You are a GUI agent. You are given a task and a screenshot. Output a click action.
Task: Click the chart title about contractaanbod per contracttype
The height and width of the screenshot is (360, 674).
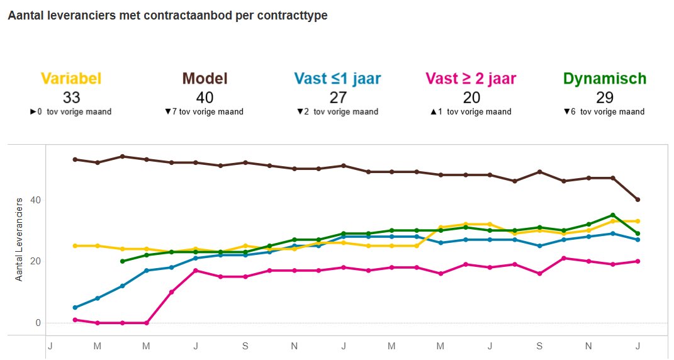(167, 16)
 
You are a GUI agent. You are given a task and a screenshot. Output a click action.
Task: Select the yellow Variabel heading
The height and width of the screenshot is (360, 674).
(71, 79)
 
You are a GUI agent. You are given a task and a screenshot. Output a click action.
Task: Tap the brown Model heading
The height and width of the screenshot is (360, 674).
(205, 79)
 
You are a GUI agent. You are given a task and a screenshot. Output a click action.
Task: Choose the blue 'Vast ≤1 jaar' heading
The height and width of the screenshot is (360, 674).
(337, 79)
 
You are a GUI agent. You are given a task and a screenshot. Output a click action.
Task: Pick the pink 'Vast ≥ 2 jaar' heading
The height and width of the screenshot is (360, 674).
(471, 79)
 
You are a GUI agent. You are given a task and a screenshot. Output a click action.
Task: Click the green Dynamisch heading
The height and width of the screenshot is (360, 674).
(604, 79)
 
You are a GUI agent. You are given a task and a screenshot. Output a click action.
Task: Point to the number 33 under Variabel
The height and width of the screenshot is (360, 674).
(71, 98)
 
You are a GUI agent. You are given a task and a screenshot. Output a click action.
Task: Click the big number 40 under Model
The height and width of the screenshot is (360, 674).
(205, 98)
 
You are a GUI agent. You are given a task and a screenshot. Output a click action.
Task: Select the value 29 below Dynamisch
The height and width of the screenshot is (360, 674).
(604, 98)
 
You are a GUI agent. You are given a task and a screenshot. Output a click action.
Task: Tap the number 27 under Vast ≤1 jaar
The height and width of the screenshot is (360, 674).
(337, 98)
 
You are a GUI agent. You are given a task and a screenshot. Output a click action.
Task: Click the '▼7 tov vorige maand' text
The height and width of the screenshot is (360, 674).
(204, 112)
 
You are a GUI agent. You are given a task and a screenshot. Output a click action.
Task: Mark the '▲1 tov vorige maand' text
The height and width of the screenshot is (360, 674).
(471, 112)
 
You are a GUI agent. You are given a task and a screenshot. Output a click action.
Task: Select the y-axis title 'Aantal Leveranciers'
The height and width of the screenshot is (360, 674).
(19, 239)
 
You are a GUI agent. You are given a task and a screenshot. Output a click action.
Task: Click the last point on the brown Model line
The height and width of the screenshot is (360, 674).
(637, 200)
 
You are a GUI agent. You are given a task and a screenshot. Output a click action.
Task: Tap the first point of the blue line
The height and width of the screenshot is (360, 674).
(75, 307)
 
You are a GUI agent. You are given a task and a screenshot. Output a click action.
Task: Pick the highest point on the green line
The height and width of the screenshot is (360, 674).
(613, 215)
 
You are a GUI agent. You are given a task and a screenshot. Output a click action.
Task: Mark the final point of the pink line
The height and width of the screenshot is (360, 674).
(637, 261)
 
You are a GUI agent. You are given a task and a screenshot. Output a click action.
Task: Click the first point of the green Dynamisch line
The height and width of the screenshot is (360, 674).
(122, 261)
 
